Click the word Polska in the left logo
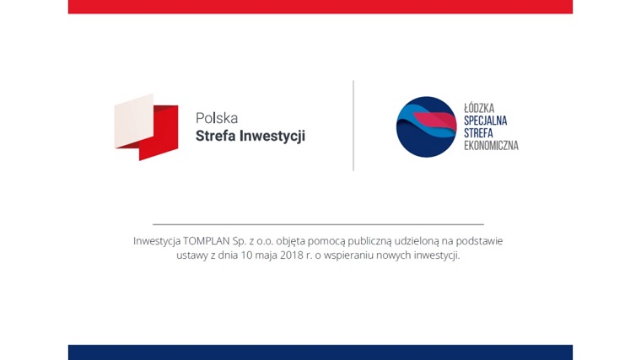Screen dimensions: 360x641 (216, 119)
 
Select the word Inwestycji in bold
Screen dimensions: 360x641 (274, 136)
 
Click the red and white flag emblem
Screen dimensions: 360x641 (147, 127)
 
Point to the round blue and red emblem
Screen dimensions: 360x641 (426, 127)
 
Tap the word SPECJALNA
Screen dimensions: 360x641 (486, 121)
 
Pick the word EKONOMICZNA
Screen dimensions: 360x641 (491, 146)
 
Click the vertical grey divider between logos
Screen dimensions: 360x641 (353, 126)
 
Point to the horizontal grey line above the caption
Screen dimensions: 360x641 (318, 224)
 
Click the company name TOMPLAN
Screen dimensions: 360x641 (206, 241)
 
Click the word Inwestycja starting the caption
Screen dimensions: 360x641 (156, 241)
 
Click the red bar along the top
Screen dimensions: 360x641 (320, 7)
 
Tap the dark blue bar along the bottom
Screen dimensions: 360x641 (320, 352)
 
